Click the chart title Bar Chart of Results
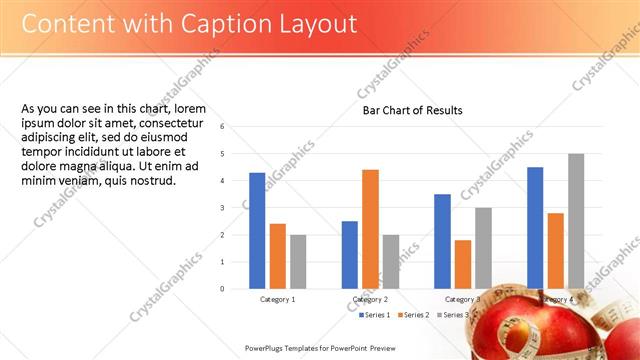click(x=412, y=110)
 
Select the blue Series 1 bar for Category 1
click(x=257, y=231)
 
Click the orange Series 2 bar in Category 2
click(x=370, y=229)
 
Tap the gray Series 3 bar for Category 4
click(x=576, y=221)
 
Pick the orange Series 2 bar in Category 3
click(x=463, y=264)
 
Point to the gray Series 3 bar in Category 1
click(x=298, y=262)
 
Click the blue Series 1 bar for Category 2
click(x=350, y=255)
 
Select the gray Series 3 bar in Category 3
click(x=483, y=248)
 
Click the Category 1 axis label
click(x=277, y=299)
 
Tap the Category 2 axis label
click(x=370, y=299)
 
